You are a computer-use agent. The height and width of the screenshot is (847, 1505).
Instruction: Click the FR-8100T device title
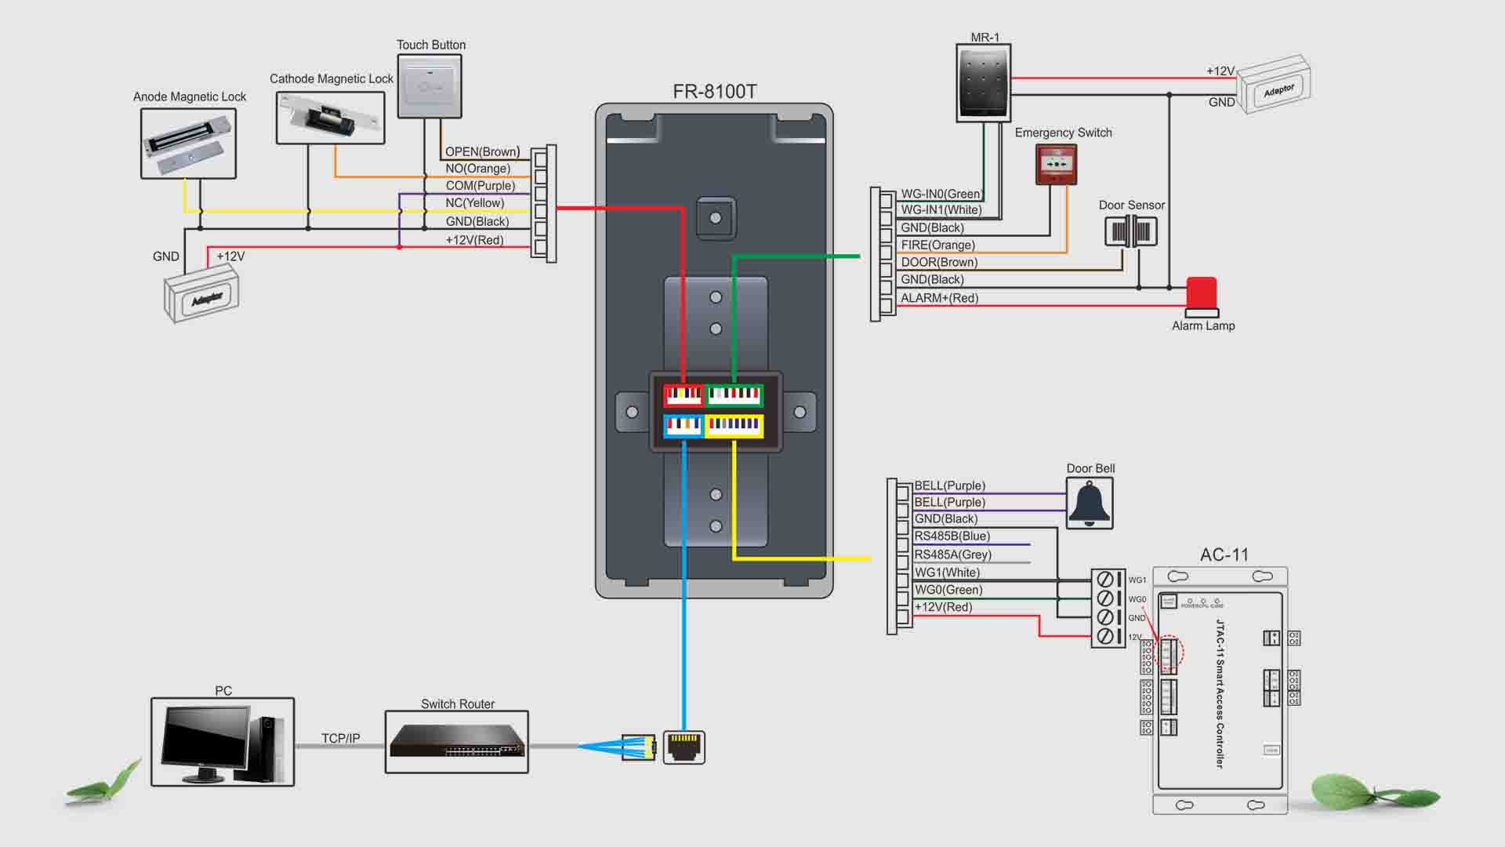[x=714, y=92]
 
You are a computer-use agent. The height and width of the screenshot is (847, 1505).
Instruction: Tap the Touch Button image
[x=430, y=86]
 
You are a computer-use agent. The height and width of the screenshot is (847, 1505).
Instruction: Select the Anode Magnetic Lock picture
[x=188, y=144]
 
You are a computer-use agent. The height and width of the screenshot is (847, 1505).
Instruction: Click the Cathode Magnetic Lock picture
[x=330, y=118]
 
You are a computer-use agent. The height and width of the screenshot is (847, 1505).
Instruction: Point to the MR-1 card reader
[x=983, y=82]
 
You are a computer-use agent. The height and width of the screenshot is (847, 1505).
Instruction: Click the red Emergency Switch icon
[x=1055, y=165]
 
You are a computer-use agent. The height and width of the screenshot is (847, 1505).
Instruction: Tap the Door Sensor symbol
[x=1130, y=231]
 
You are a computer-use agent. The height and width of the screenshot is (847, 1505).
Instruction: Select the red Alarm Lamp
[x=1202, y=295]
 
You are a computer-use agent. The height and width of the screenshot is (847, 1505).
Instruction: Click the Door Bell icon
[x=1090, y=503]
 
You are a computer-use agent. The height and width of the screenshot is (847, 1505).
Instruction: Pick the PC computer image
[x=223, y=742]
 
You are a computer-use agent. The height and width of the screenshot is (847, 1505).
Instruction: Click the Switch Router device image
[x=456, y=741]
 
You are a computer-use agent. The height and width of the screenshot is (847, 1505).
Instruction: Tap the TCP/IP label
[x=340, y=738]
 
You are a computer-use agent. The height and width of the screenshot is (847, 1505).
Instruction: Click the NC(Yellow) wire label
[x=474, y=203]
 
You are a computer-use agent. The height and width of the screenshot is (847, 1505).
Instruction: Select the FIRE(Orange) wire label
[x=937, y=245]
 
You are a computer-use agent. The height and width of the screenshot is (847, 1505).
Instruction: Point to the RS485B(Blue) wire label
[x=952, y=536]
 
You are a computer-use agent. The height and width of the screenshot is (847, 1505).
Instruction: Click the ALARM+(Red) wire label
[x=939, y=298]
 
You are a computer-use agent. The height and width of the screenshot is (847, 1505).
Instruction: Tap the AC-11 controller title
[x=1224, y=555]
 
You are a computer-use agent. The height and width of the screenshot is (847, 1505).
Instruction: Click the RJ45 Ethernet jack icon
[x=684, y=747]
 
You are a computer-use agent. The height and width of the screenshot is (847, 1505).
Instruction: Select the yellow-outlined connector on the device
[x=734, y=425]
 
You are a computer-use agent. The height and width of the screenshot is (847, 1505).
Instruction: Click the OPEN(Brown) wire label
[x=481, y=151]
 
